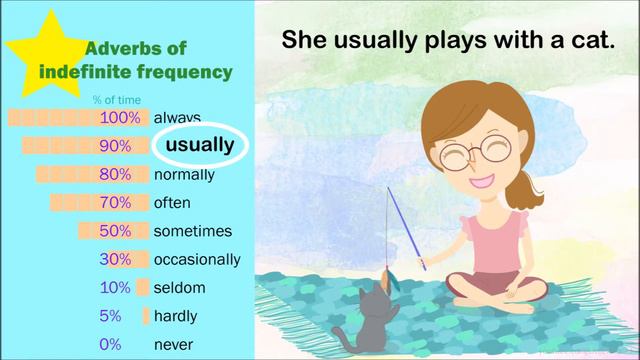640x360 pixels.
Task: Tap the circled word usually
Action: [200, 145]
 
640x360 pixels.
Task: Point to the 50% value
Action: [115, 231]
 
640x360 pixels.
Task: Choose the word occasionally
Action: [197, 259]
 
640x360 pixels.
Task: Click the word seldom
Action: [179, 288]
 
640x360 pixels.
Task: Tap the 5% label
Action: [112, 316]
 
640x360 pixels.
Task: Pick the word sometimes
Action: [193, 231]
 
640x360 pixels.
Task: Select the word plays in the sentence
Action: [432, 40]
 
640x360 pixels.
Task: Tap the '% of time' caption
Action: [112, 99]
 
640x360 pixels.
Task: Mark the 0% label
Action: [112, 344]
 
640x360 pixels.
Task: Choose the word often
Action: [171, 202]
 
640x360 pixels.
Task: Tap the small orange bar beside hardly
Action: [146, 316]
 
